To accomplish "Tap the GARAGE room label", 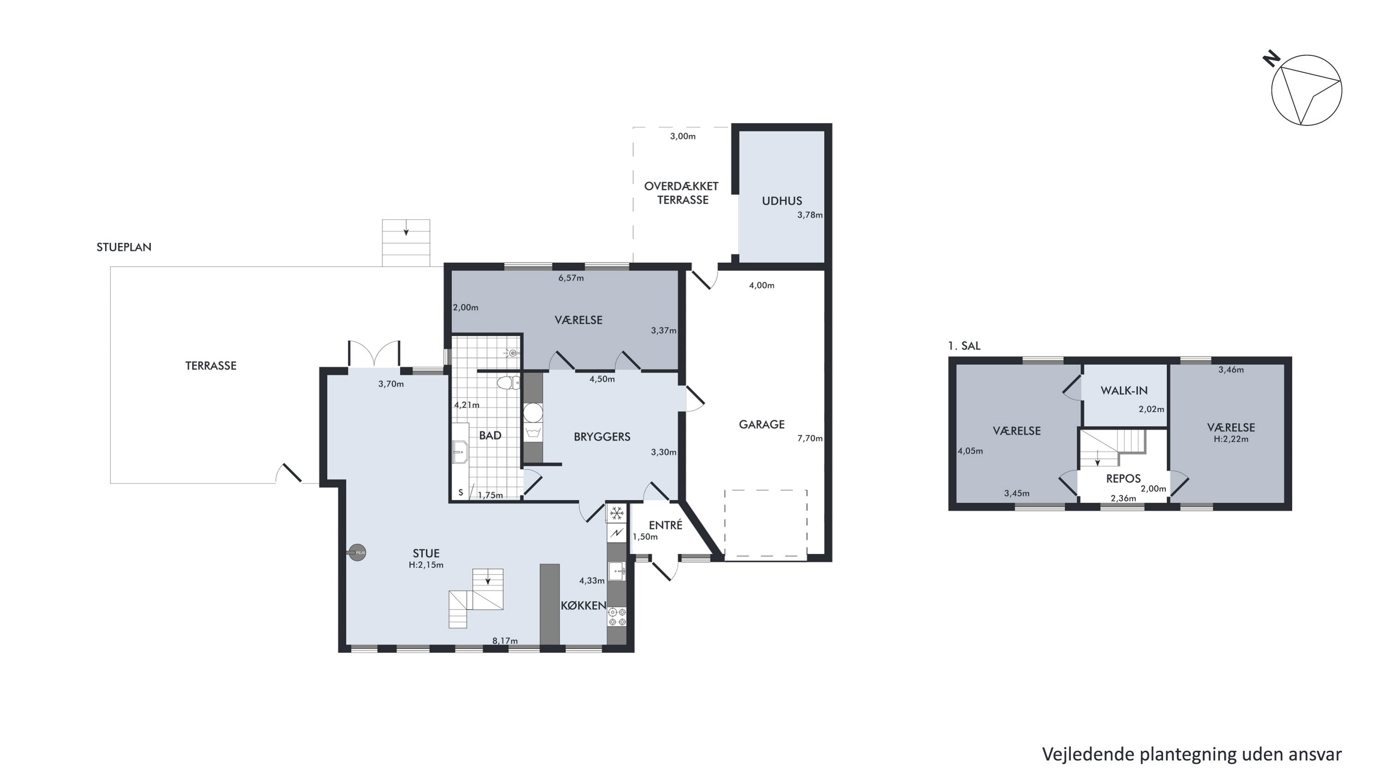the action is click(x=761, y=424).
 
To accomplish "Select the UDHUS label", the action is click(x=782, y=201).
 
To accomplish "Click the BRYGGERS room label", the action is click(x=602, y=437).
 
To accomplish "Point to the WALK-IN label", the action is click(x=1124, y=390).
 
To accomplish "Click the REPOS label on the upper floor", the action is click(x=1123, y=478).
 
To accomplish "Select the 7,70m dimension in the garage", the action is click(x=810, y=438).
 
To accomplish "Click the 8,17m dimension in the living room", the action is click(x=505, y=641).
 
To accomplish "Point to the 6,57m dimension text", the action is click(x=571, y=278).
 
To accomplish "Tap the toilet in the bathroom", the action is click(x=508, y=383).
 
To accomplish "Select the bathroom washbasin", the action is click(x=460, y=451).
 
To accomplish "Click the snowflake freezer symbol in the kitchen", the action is click(x=617, y=513).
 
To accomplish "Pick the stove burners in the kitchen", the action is click(x=617, y=617).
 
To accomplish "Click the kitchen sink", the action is click(x=617, y=571).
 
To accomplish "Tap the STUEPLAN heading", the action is click(x=124, y=247).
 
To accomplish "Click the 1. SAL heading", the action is click(x=964, y=346).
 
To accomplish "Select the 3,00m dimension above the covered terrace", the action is click(x=682, y=137).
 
